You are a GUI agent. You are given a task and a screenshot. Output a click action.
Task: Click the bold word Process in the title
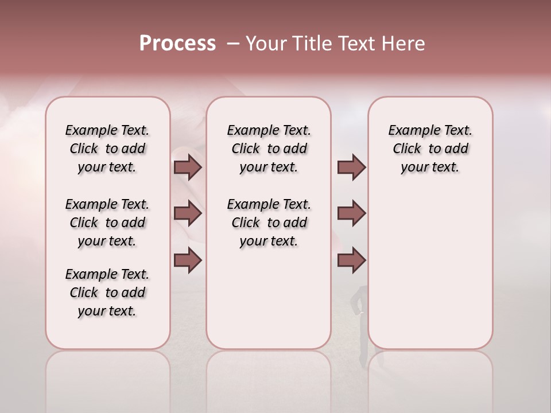click(x=177, y=44)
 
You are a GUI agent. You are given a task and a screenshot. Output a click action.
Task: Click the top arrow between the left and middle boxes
click(x=188, y=167)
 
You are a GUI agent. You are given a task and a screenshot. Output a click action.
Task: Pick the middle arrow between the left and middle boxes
click(x=188, y=213)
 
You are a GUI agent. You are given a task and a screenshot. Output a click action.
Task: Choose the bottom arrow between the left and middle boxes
click(x=188, y=260)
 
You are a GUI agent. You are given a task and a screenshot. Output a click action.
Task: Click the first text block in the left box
click(x=107, y=149)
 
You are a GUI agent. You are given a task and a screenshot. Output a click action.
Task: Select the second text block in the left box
click(x=107, y=223)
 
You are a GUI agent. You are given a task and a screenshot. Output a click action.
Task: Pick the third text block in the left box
click(x=107, y=293)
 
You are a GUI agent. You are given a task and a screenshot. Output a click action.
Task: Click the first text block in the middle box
click(x=269, y=149)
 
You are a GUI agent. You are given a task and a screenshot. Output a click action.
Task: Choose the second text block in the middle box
click(x=269, y=223)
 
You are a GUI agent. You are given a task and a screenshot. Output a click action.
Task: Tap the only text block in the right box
click(x=430, y=149)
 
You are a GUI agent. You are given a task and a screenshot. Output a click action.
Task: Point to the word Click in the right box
click(x=407, y=149)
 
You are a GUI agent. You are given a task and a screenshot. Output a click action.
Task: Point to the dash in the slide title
click(x=232, y=44)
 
